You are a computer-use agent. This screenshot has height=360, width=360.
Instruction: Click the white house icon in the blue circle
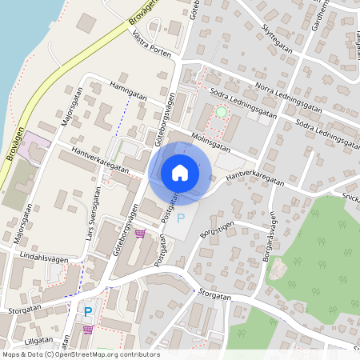[x=180, y=173]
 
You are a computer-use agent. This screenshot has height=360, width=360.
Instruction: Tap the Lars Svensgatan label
[x=93, y=214]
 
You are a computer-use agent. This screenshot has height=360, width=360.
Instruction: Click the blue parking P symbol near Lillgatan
[x=88, y=312]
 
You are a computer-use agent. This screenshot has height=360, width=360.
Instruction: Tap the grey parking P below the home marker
[x=180, y=218]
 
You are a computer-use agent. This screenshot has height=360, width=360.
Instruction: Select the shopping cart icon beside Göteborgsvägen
[x=141, y=234]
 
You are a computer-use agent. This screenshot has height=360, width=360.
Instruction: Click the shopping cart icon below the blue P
[x=88, y=330]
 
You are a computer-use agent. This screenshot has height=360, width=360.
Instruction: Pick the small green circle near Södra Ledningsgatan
[x=221, y=113]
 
